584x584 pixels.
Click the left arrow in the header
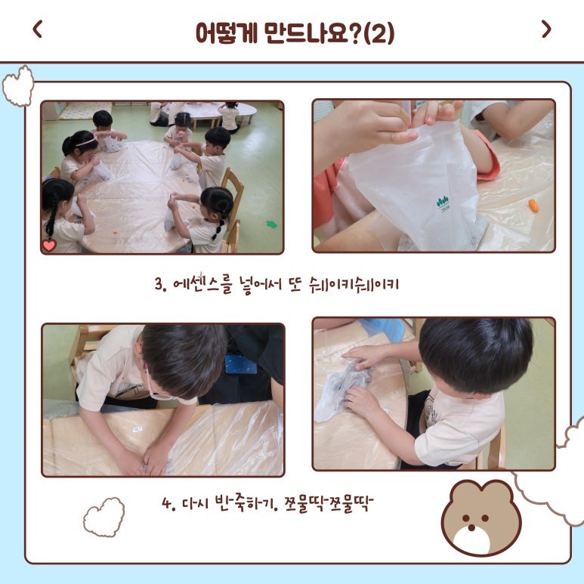38,29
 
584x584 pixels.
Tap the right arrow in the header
546,29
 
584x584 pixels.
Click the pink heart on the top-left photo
49,246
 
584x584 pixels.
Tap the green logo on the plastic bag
443,203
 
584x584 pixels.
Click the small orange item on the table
533,205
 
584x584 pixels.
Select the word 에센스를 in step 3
203,284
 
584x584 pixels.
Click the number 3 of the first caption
159,285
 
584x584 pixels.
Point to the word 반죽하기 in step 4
245,503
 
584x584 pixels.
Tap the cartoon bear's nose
471,527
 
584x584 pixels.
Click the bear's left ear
459,490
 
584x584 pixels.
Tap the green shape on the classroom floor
271,224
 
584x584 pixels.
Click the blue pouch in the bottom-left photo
240,364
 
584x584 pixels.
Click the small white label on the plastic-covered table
138,429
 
